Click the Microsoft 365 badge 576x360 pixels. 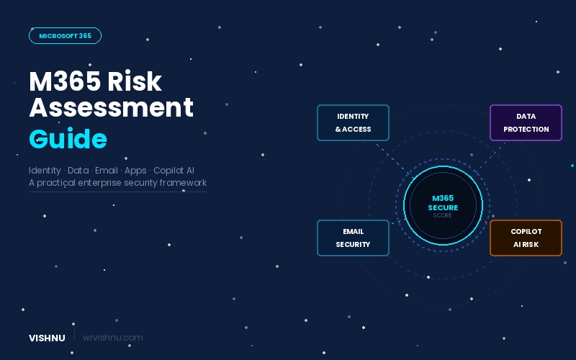coord(65,35)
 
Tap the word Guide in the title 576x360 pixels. coord(68,138)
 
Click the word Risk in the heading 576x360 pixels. coord(135,81)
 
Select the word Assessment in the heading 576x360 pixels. coord(111,107)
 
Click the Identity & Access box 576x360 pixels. coord(353,122)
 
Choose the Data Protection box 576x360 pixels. coord(526,122)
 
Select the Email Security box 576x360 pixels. coord(353,238)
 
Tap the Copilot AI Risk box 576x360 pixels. coord(526,238)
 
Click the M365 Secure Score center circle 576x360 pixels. coord(443,205)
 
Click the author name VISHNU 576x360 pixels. coord(48,338)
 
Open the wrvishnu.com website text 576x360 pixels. coord(113,338)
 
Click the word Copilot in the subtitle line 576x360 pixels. coord(166,171)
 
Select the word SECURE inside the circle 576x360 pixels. coord(443,207)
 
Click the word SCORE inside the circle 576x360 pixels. coord(443,215)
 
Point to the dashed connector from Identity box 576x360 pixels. coord(392,158)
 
